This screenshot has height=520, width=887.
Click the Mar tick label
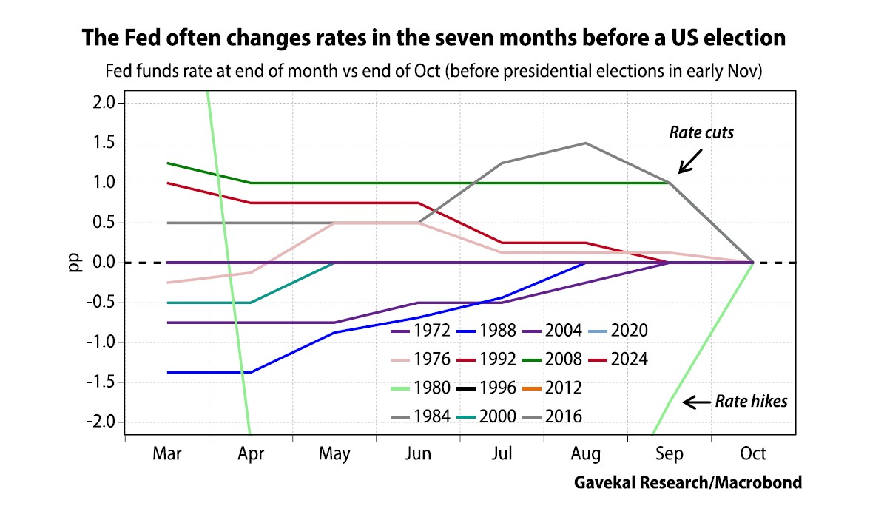[166, 453]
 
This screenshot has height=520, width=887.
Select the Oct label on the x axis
[753, 453]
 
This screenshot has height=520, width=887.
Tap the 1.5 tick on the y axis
[104, 143]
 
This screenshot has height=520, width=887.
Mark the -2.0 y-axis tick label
[102, 422]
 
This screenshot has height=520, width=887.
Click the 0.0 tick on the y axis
[104, 263]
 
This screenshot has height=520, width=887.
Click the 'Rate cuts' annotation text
[701, 133]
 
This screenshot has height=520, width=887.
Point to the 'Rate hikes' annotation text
[751, 402]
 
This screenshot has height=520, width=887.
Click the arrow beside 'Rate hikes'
[695, 402]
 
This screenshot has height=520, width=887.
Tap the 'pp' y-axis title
[75, 263]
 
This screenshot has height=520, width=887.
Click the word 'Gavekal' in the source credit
[604, 483]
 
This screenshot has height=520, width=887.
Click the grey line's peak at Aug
[585, 143]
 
